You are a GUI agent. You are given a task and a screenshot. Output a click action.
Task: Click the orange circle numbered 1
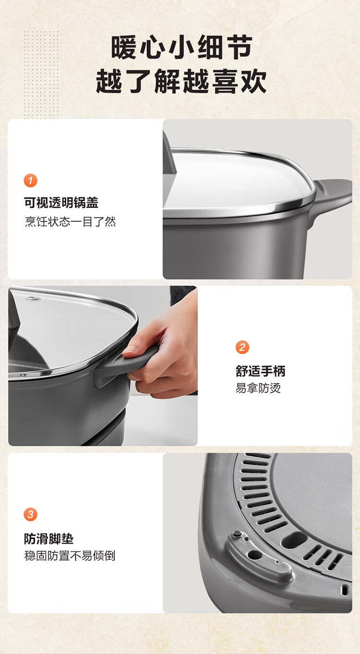point(30,180)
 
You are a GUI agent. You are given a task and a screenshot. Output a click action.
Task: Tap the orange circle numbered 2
point(242,347)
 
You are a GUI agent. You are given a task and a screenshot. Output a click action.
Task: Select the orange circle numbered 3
point(30,514)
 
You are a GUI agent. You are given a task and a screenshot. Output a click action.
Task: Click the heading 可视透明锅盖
point(61,202)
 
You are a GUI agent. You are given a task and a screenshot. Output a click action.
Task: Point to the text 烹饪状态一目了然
point(71,222)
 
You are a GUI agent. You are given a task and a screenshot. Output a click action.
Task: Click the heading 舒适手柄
point(261,371)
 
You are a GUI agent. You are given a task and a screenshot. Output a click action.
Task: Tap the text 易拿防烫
point(258,388)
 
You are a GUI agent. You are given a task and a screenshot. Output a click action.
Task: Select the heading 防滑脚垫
point(49,539)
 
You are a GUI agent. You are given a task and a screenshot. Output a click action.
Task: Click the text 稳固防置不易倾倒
point(70,556)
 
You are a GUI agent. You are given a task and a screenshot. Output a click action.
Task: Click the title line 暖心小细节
point(181,48)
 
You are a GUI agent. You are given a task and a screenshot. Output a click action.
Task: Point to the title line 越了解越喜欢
point(181,81)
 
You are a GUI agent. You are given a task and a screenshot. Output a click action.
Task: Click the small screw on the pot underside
point(238,535)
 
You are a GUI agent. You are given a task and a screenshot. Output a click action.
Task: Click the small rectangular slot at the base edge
point(345,590)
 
